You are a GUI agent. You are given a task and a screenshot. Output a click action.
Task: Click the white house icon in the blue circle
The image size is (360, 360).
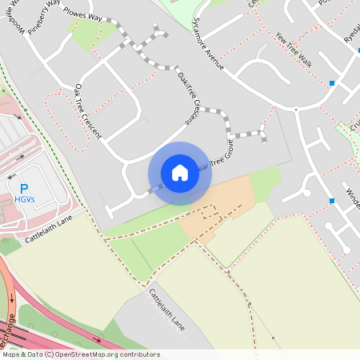coord(179,173)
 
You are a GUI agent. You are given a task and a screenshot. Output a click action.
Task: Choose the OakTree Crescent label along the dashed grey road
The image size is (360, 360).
coord(186,97)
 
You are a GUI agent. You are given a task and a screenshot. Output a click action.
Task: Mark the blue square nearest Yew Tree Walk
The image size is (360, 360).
coord(331,83)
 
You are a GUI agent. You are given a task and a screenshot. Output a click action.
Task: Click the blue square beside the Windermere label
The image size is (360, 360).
coord(331,200)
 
